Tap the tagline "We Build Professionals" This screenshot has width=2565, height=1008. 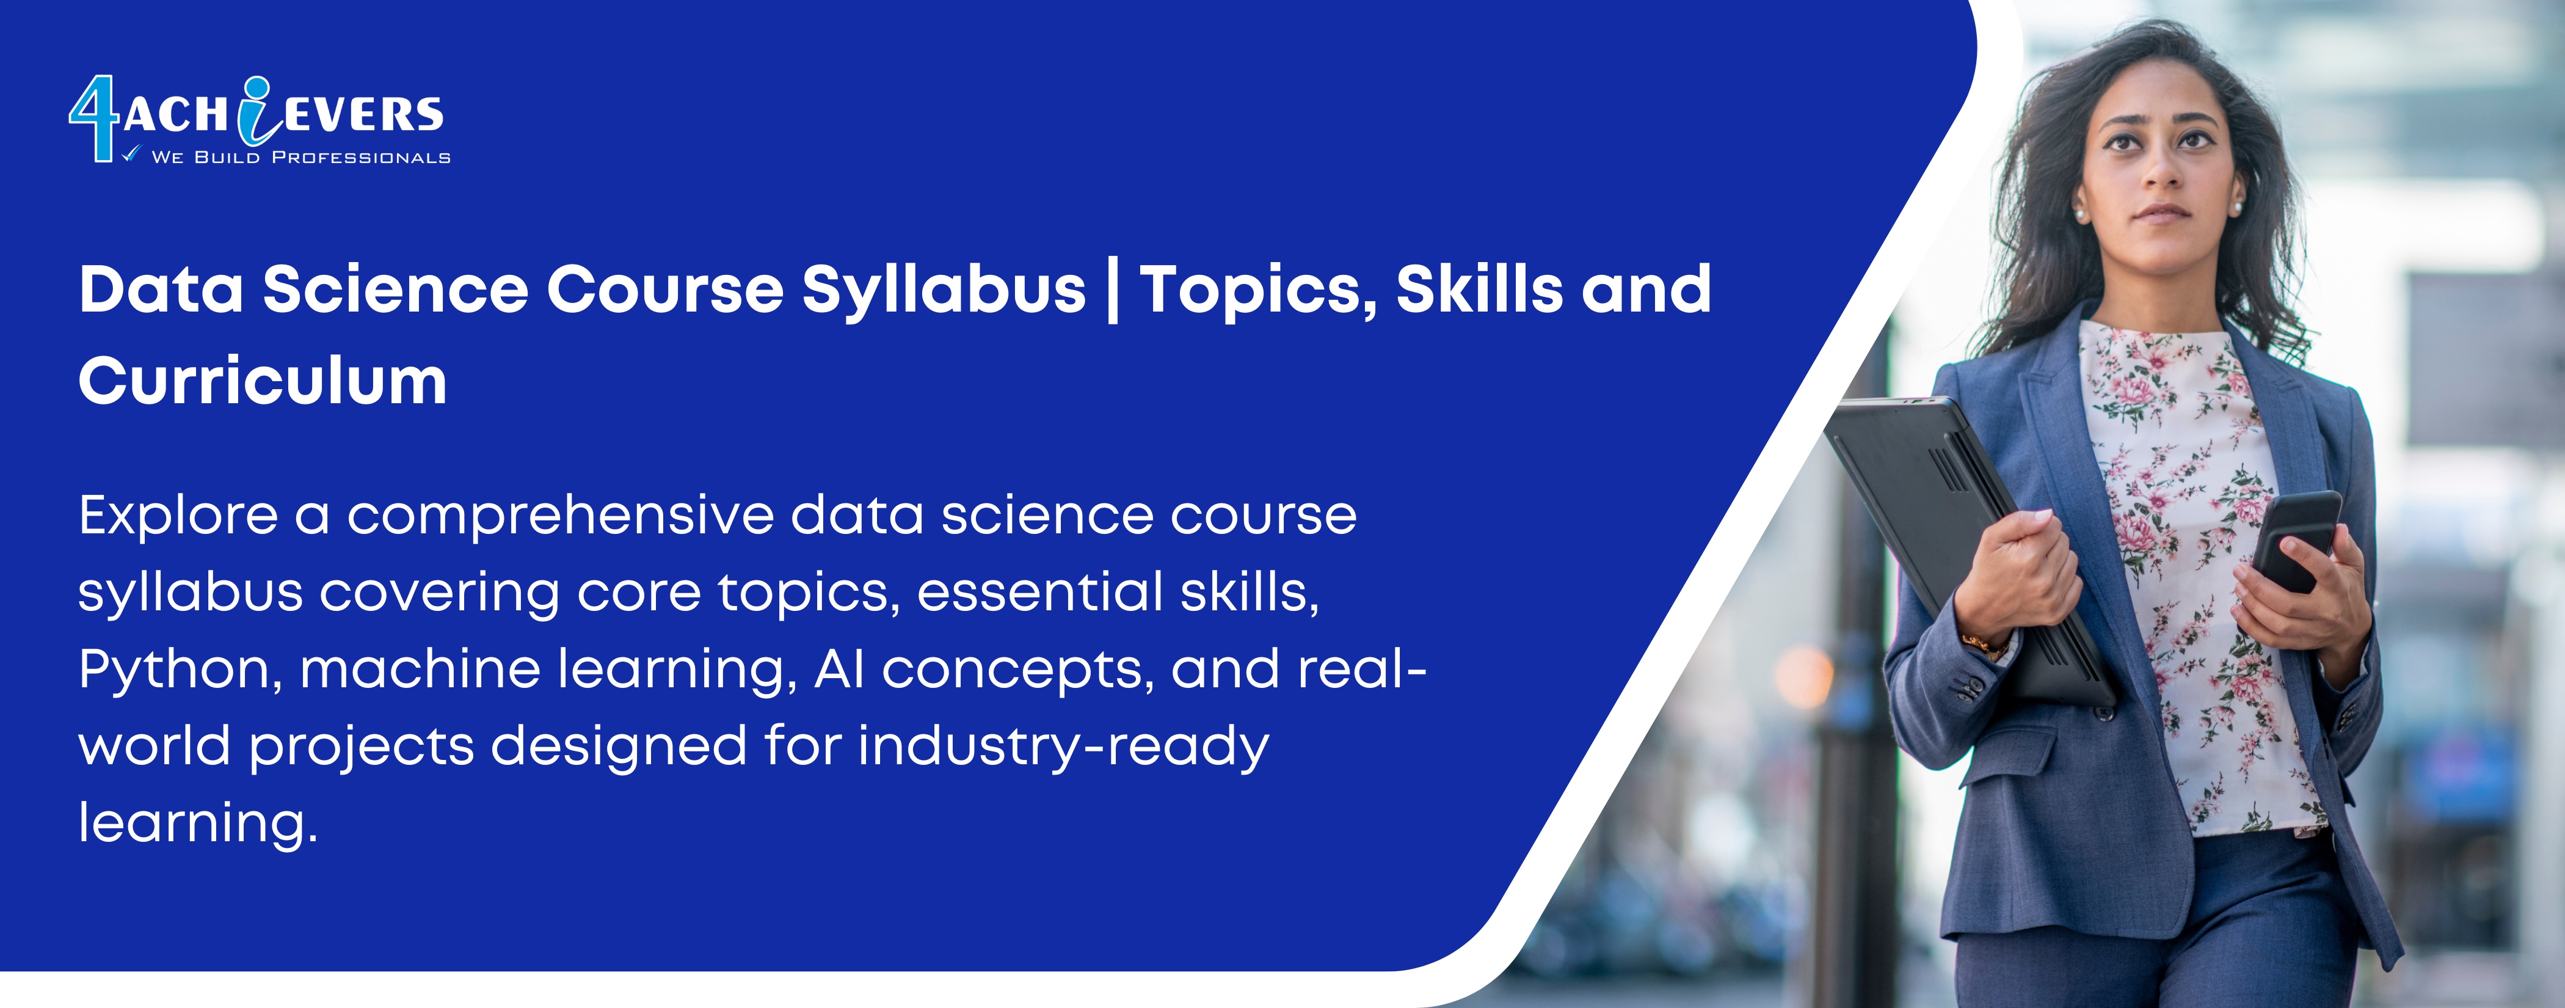300,158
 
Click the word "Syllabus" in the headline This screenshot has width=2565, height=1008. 944,291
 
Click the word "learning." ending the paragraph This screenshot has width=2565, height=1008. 198,824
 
